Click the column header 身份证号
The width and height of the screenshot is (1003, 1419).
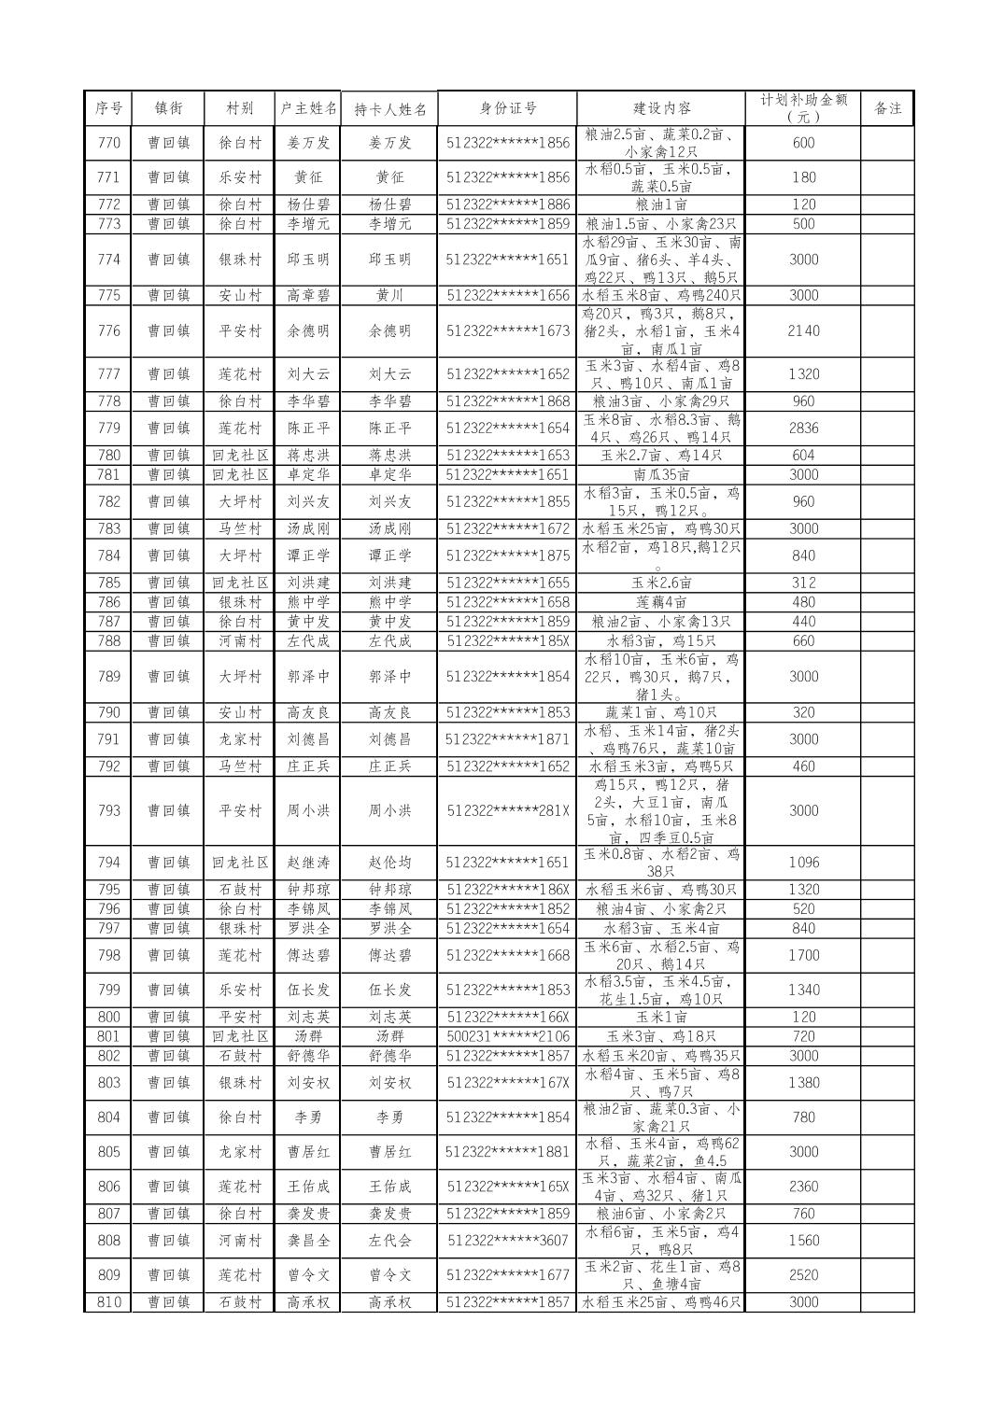[x=507, y=108]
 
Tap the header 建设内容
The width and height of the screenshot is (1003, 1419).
[x=661, y=108]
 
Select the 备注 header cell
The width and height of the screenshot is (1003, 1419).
[x=886, y=108]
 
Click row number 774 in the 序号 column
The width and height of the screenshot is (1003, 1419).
[x=108, y=260]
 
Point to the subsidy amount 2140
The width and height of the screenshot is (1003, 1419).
[x=803, y=330]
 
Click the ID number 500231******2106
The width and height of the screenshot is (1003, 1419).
[x=507, y=1036]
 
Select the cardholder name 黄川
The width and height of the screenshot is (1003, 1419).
[x=389, y=295]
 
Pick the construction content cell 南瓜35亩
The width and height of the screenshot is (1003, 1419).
[x=661, y=474]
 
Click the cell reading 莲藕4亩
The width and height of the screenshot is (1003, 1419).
[x=661, y=602]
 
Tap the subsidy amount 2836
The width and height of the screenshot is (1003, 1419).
[x=803, y=428]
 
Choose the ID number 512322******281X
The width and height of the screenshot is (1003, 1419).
[x=507, y=810]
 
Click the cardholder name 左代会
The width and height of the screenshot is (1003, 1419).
[x=389, y=1241]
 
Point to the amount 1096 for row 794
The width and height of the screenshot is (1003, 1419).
[x=803, y=863]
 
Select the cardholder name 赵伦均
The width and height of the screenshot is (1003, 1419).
[x=389, y=863]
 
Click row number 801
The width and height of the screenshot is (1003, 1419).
[x=108, y=1036]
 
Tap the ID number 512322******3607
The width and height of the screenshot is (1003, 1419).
[x=507, y=1241]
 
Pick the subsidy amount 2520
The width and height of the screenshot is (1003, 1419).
[x=803, y=1275]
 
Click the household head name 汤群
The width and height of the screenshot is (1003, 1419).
[x=307, y=1036]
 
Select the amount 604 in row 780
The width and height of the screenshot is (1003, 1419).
[x=803, y=456]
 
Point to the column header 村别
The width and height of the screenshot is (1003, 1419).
[x=239, y=108]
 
